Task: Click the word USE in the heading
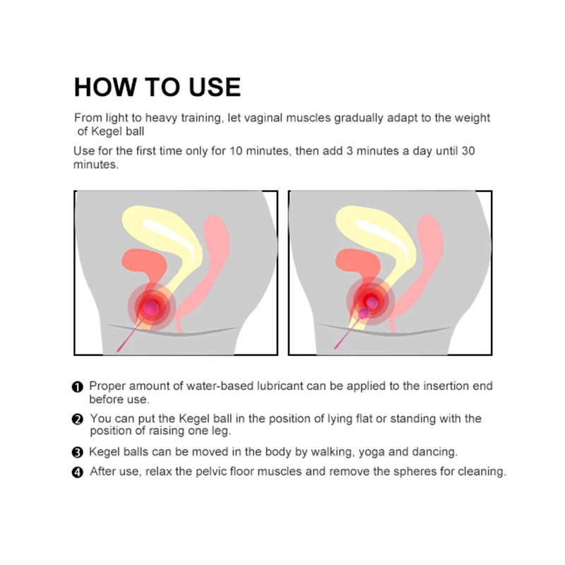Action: coord(215,87)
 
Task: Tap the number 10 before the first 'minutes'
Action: coord(236,150)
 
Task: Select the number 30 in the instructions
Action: coord(468,150)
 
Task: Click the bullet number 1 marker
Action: coord(78,387)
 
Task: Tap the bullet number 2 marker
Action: coord(78,420)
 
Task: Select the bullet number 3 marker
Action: coord(78,452)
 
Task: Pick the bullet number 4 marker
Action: coord(78,472)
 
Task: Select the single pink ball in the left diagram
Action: coord(151,307)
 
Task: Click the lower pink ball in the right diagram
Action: coord(364,314)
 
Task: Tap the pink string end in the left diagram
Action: coord(119,350)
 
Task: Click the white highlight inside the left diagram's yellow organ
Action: coord(169,239)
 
